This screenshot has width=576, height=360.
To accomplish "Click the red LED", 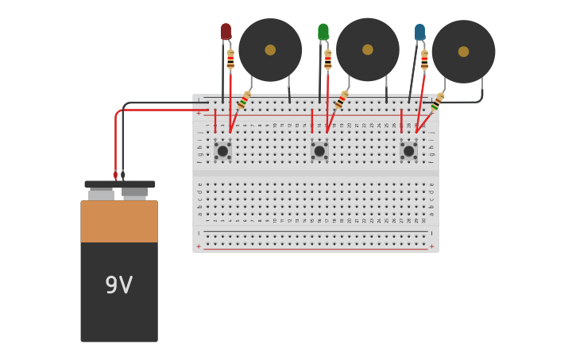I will (x=226, y=32).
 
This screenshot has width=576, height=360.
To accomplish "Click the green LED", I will (x=323, y=32).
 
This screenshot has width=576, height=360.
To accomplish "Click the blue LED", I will (x=419, y=32).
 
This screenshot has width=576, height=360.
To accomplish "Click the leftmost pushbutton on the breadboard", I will (x=222, y=150).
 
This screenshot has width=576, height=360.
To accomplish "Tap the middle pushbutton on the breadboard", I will (x=319, y=150).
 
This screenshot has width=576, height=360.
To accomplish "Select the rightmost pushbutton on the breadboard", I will (x=409, y=150).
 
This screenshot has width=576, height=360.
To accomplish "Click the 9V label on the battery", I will (x=119, y=285).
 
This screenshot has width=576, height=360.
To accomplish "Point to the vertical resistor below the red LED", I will (x=230, y=60).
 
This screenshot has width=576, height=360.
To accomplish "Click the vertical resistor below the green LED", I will (x=327, y=60).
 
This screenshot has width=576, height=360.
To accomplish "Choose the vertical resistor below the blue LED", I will (x=424, y=60).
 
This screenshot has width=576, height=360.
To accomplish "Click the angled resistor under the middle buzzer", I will (x=341, y=100).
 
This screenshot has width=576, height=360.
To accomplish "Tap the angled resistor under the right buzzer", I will (x=436, y=102).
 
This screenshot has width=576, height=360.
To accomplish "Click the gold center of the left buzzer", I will (x=270, y=50).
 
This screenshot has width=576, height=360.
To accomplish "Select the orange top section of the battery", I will (x=119, y=221).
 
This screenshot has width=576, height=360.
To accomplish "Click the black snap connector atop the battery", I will (x=119, y=184).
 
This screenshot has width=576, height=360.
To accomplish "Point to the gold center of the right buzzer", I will (x=463, y=52).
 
